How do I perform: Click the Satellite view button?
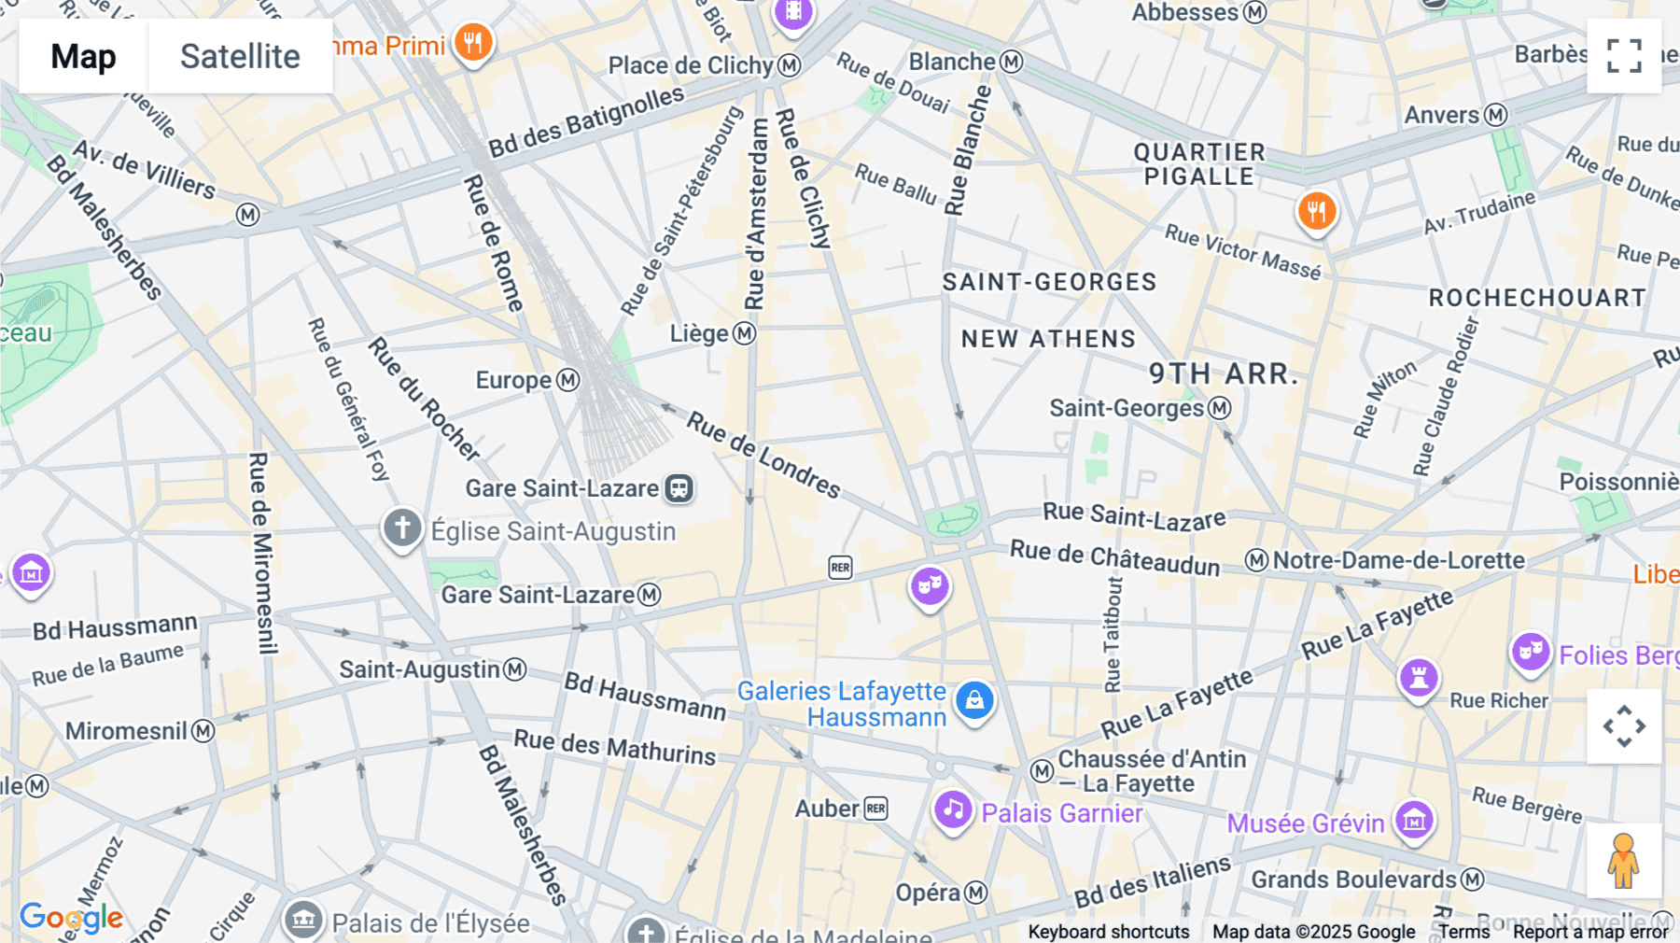[240, 56]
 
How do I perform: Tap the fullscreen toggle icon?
[1624, 56]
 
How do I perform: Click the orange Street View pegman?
[1623, 860]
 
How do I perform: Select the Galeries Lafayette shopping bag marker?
[974, 699]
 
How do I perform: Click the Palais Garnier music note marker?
[953, 809]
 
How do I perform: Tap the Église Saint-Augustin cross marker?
[402, 528]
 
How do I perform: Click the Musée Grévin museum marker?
[1414, 821]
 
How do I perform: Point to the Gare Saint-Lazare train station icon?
[679, 488]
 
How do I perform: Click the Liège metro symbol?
[744, 333]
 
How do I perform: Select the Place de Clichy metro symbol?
[790, 65]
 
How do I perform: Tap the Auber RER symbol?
[875, 809]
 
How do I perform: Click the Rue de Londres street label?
[763, 456]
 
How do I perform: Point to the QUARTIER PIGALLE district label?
[1199, 164]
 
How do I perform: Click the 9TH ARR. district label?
[1224, 374]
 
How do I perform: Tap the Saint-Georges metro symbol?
[1220, 408]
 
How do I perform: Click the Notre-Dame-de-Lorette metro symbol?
[1257, 560]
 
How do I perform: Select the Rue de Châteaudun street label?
[1114, 557]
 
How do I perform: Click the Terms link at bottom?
[1463, 931]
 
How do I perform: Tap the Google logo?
[71, 918]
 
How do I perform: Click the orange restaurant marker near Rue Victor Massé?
[1316, 212]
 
